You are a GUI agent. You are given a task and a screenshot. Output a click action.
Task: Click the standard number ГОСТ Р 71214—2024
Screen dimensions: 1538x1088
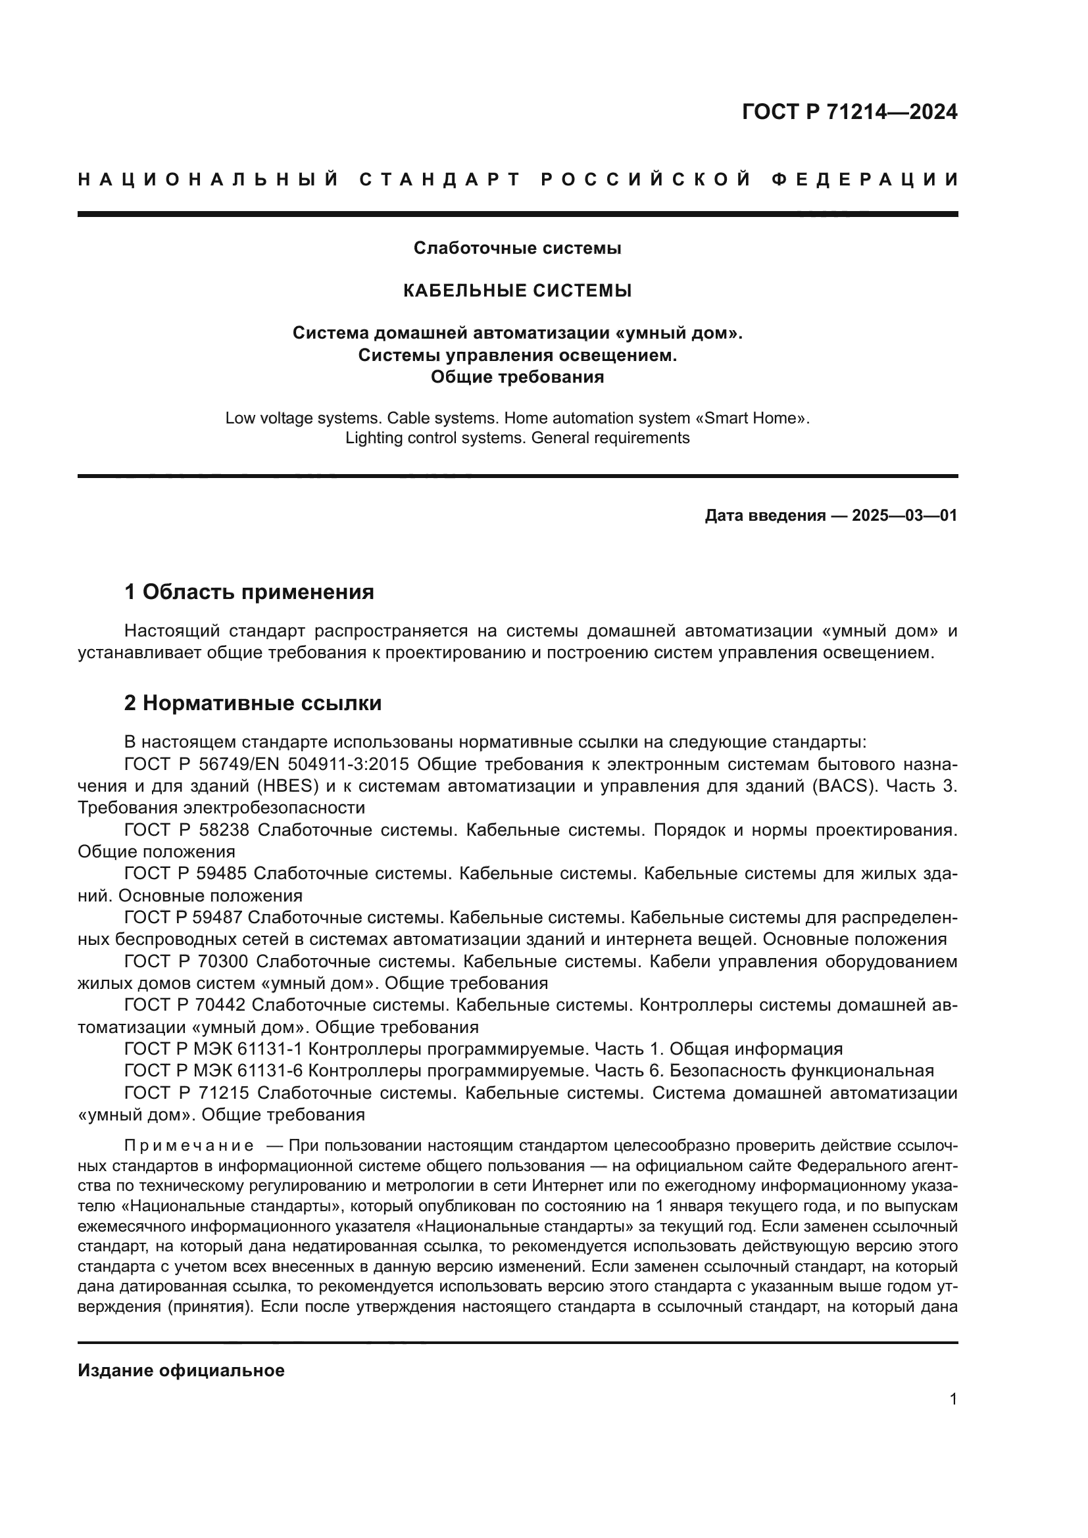click(x=849, y=112)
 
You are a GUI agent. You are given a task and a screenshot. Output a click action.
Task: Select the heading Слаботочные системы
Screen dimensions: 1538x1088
click(x=517, y=248)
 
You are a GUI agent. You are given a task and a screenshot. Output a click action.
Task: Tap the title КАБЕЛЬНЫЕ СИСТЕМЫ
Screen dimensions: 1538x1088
click(x=517, y=291)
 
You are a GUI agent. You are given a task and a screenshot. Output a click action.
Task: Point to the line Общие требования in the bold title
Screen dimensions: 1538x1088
click(x=517, y=377)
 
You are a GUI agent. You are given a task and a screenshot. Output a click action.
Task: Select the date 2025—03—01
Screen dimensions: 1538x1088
click(x=904, y=516)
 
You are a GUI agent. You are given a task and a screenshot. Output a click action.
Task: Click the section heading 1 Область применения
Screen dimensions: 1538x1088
click(x=249, y=592)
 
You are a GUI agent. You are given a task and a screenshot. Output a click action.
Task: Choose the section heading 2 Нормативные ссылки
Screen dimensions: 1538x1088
click(x=253, y=704)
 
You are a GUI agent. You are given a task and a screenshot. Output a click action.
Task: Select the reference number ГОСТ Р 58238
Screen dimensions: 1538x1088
click(x=187, y=830)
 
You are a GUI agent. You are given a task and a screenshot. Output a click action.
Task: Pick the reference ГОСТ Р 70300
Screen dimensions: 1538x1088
click(x=186, y=961)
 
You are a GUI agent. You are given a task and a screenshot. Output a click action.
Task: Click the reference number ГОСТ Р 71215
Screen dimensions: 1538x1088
click(x=187, y=1093)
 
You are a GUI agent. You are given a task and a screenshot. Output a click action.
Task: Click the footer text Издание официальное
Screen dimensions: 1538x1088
click(x=181, y=1370)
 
